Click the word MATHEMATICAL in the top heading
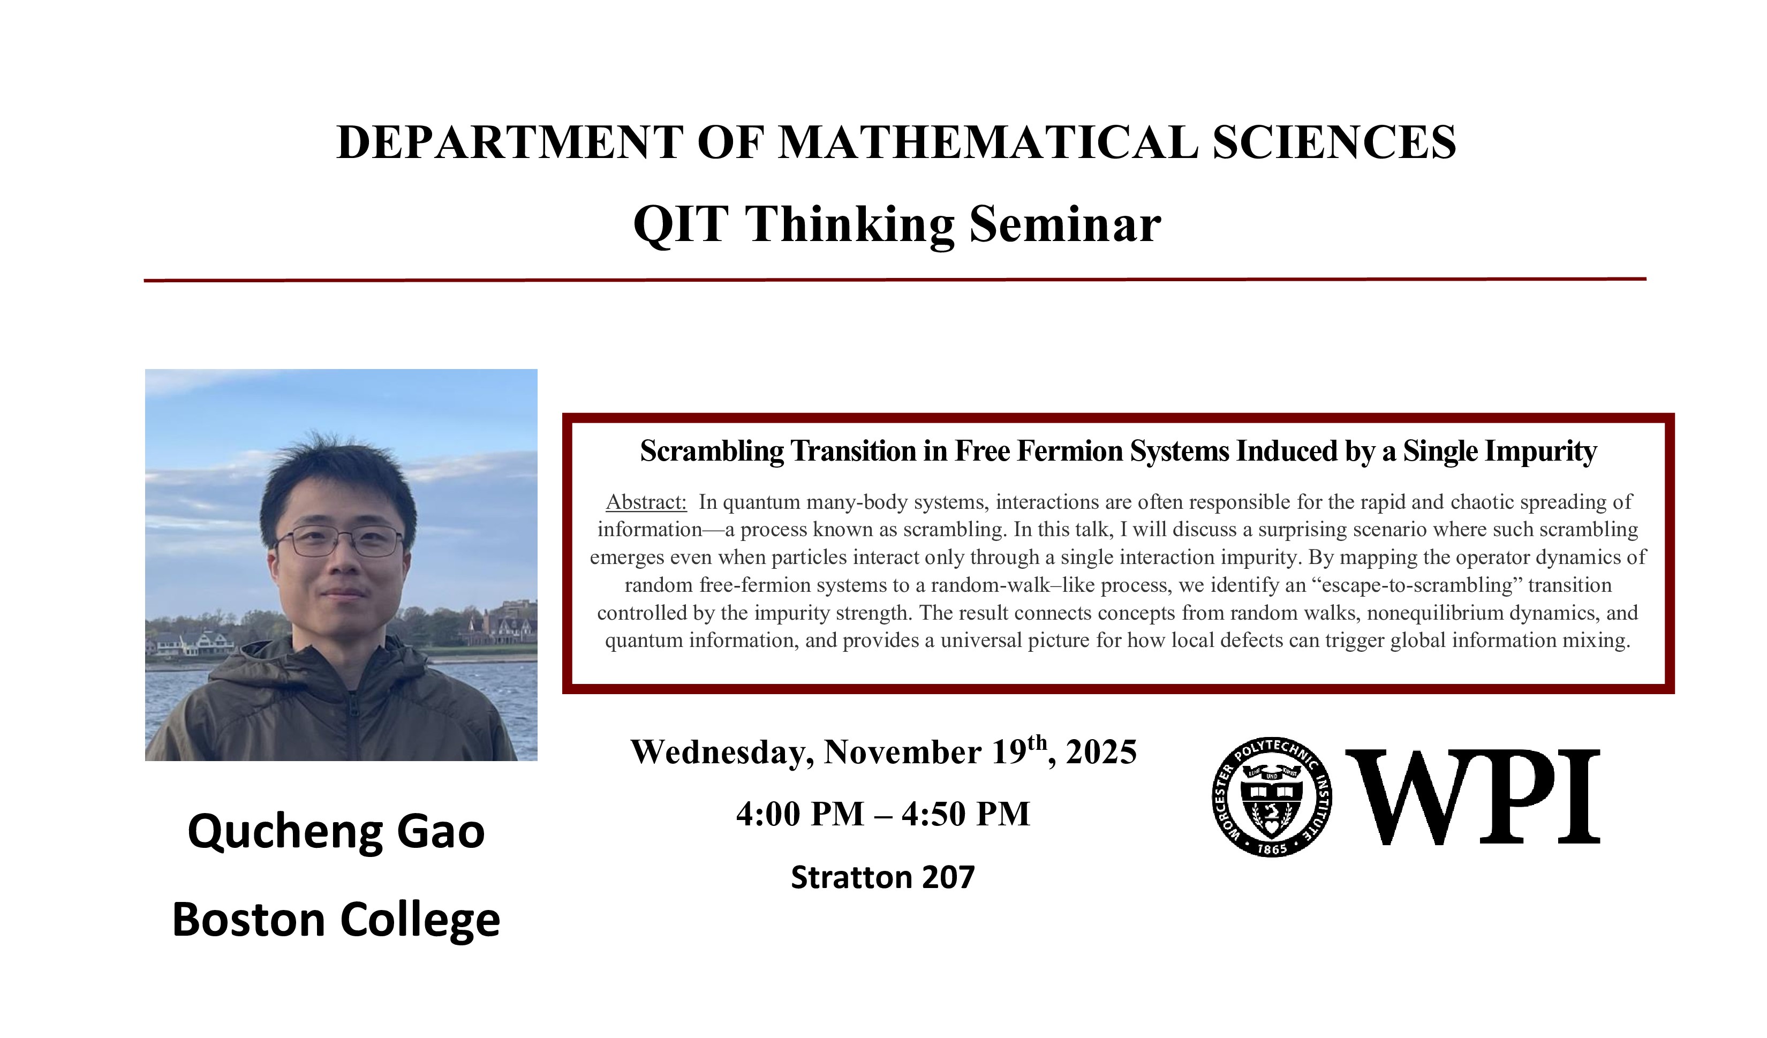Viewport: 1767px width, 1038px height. [x=988, y=142]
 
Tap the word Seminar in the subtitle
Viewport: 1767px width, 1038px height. [x=1065, y=225]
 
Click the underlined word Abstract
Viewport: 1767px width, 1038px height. [x=646, y=502]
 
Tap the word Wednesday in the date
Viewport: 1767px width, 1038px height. [x=722, y=753]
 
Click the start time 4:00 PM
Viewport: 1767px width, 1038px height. [x=800, y=814]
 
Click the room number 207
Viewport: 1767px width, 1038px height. [x=948, y=877]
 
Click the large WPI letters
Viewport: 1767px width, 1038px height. [x=1473, y=797]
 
